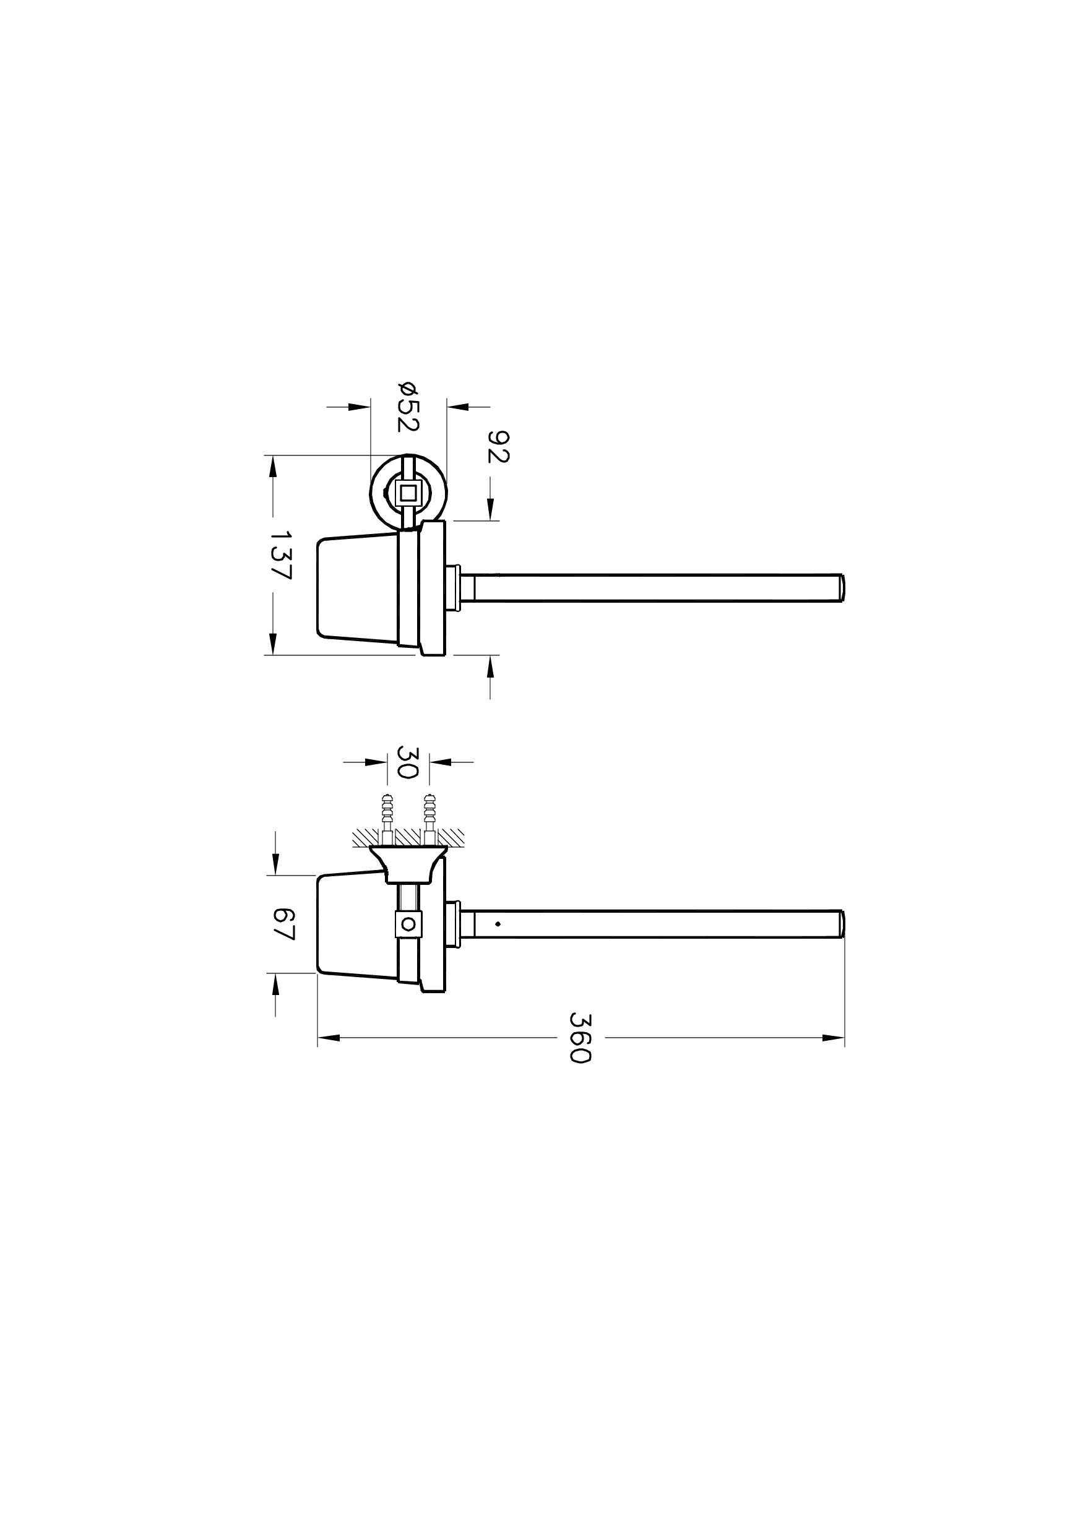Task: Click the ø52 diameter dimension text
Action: click(408, 405)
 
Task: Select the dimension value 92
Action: click(498, 447)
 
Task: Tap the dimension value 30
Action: click(408, 762)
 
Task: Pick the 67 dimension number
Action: click(284, 924)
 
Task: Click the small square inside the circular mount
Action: click(408, 494)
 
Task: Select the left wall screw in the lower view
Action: click(387, 819)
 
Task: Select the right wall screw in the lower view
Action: click(429, 819)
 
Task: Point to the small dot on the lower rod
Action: click(498, 924)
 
